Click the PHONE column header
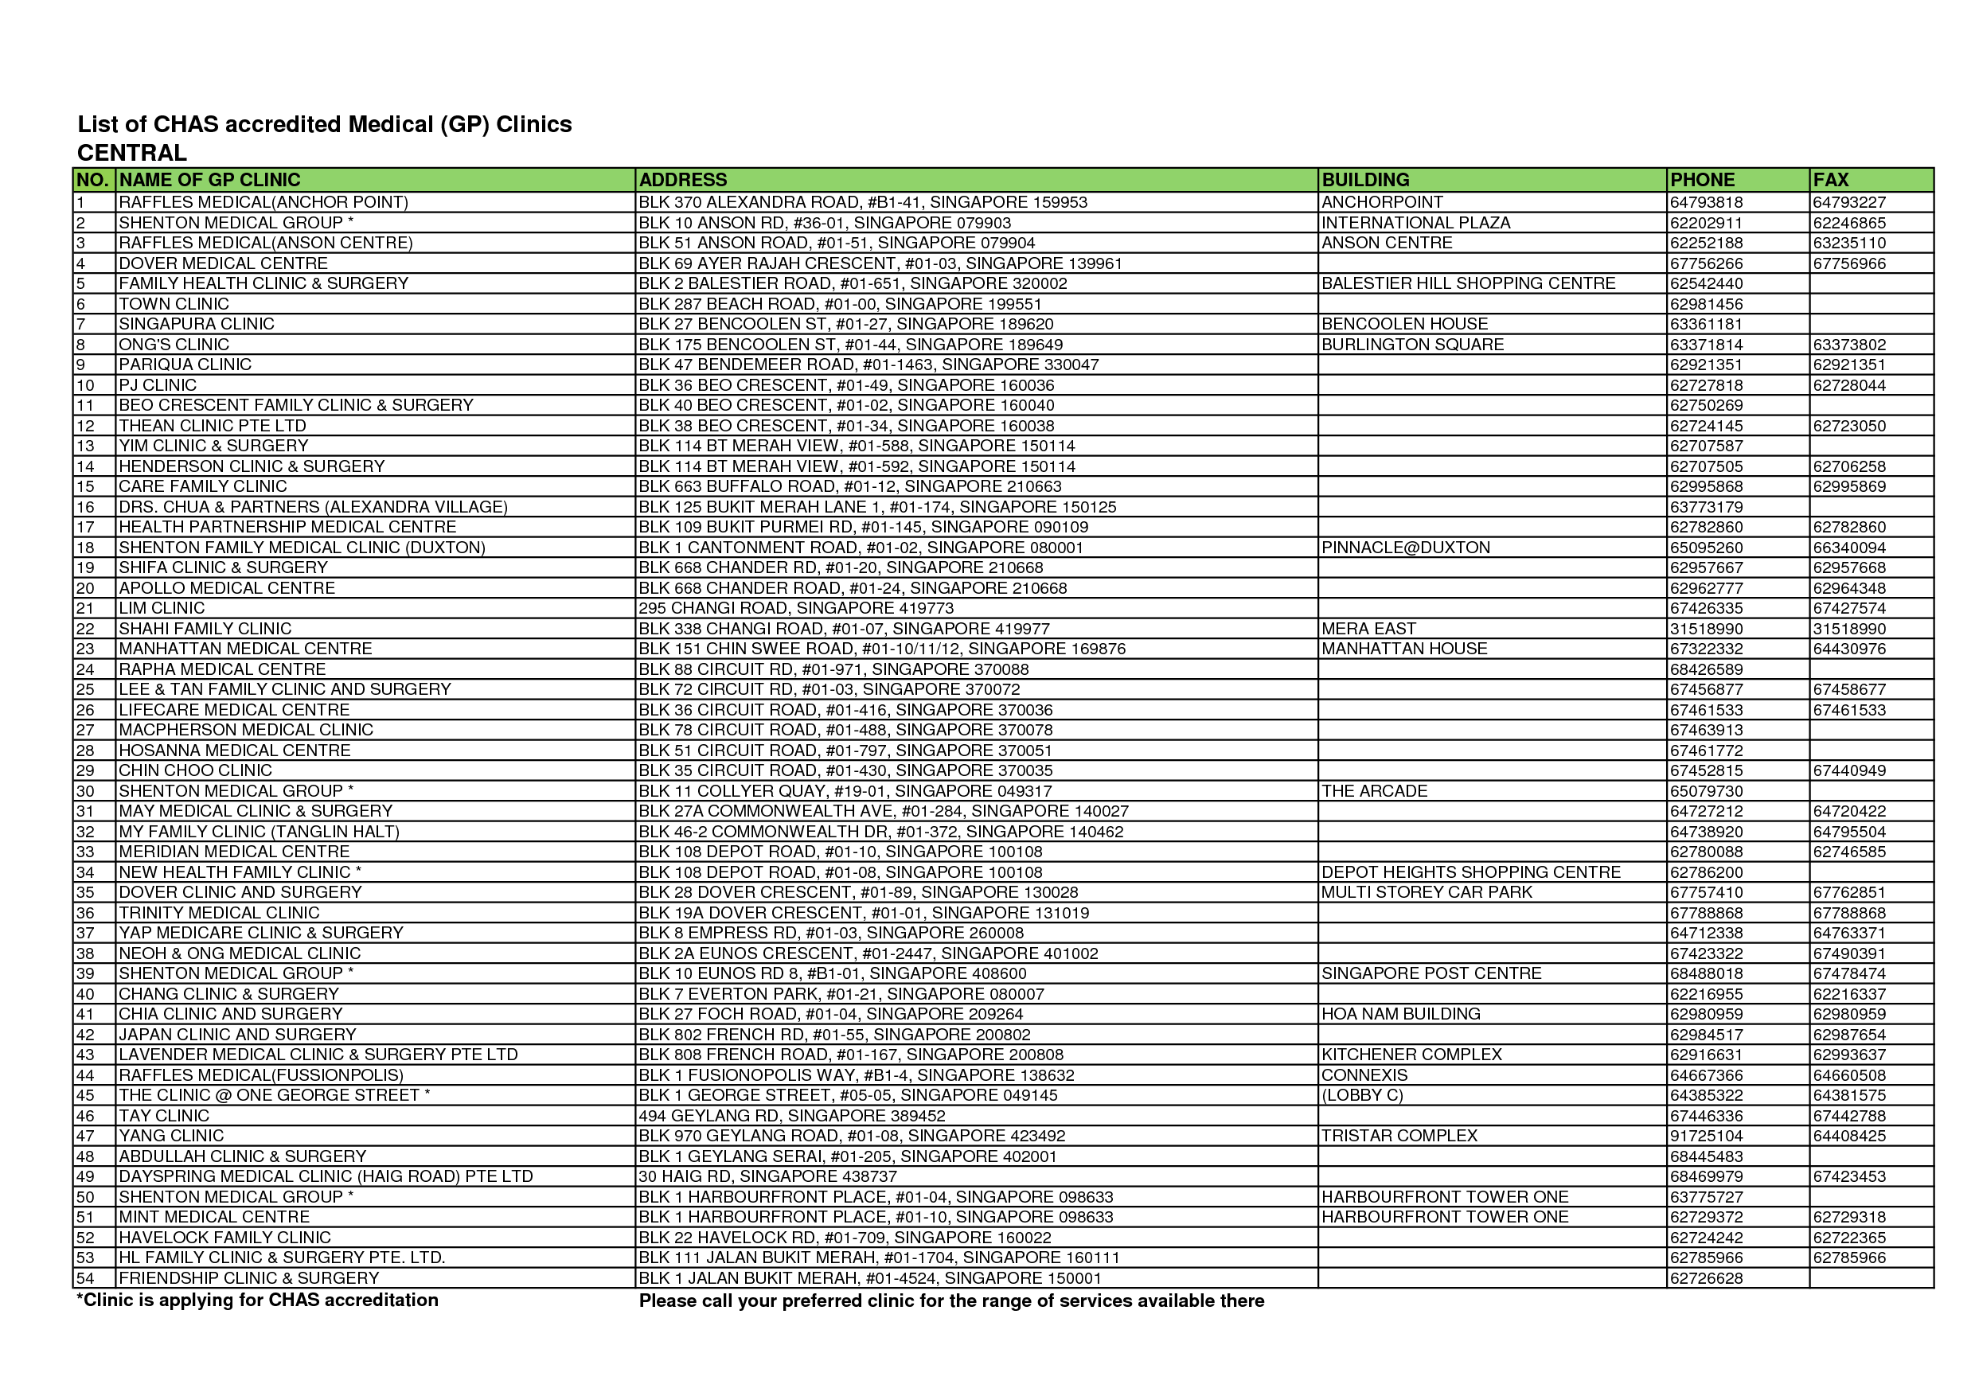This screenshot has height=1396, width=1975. pyautogui.click(x=1701, y=180)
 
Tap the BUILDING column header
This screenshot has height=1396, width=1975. pyautogui.click(x=1365, y=180)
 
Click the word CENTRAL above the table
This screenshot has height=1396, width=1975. pyautogui.click(x=131, y=153)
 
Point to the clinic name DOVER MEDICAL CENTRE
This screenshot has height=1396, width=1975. pyautogui.click(x=223, y=263)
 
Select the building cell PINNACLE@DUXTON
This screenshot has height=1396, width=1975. pyautogui.click(x=1406, y=548)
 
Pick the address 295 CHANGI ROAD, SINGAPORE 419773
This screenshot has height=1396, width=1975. pyautogui.click(x=796, y=608)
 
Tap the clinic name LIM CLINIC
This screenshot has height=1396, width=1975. pyautogui.click(x=162, y=608)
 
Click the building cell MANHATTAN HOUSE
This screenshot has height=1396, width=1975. pyautogui.click(x=1403, y=649)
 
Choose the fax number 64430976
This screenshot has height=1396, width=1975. pyautogui.click(x=1848, y=649)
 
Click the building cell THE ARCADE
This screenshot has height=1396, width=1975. pyautogui.click(x=1374, y=791)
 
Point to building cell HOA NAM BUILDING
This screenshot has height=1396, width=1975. pyautogui.click(x=1400, y=1014)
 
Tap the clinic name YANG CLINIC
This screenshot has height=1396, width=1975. pyautogui.click(x=171, y=1137)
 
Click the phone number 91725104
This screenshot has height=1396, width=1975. pyautogui.click(x=1706, y=1137)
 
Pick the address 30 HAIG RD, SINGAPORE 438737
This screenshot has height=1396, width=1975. pyautogui.click(x=767, y=1176)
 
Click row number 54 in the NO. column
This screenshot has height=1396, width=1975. pyautogui.click(x=85, y=1278)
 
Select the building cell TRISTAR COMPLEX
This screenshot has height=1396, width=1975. pyautogui.click(x=1399, y=1137)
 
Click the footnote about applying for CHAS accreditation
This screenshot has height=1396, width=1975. pyautogui.click(x=257, y=1300)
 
